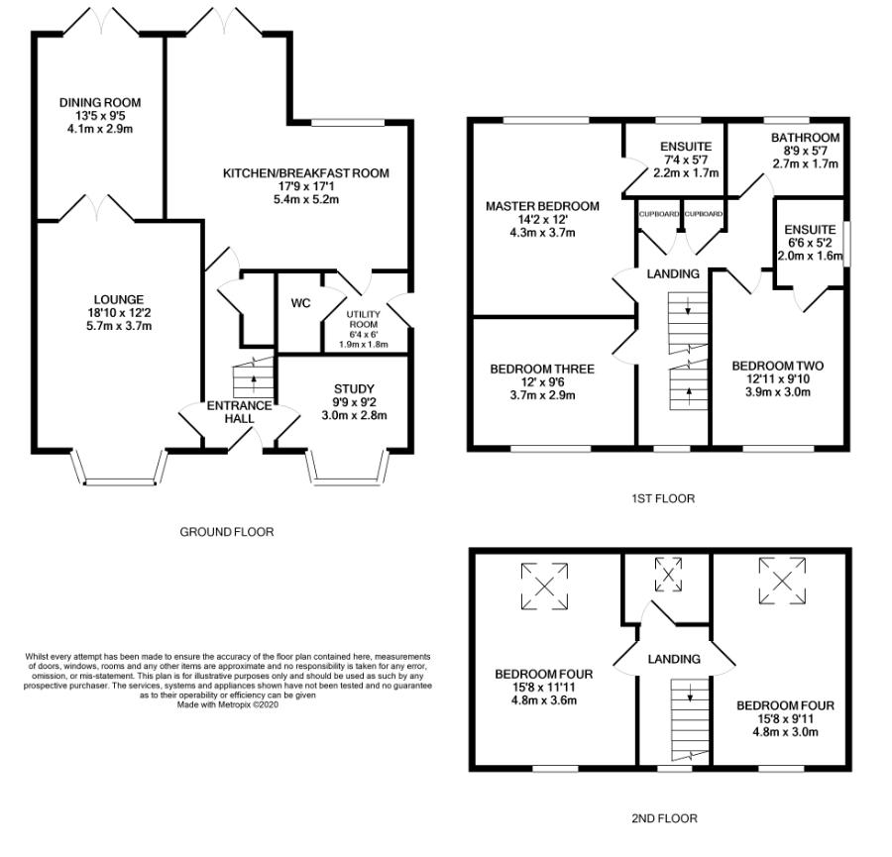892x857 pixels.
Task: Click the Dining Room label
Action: (x=100, y=102)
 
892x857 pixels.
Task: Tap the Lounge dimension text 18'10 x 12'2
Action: (x=119, y=312)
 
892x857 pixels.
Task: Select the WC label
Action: (x=300, y=303)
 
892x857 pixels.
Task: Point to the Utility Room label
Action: (x=364, y=319)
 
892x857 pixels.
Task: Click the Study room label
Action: (x=354, y=389)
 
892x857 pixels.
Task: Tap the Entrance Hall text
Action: (x=239, y=412)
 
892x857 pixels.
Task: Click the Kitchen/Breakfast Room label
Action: (x=306, y=172)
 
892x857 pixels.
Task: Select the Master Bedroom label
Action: (x=542, y=206)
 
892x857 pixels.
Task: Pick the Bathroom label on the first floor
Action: (x=805, y=138)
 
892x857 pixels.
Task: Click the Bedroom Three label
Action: (x=542, y=370)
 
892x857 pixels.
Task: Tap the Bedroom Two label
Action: (x=778, y=366)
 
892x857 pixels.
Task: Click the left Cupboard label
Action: (x=659, y=214)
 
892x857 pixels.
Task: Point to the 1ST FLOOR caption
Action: (x=663, y=498)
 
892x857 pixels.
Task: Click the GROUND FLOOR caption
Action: (x=227, y=532)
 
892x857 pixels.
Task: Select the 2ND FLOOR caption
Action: (x=664, y=819)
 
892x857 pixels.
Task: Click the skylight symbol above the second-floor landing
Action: (x=668, y=575)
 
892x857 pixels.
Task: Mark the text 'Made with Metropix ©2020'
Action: (x=228, y=704)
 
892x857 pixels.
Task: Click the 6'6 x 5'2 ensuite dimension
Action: (x=810, y=243)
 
